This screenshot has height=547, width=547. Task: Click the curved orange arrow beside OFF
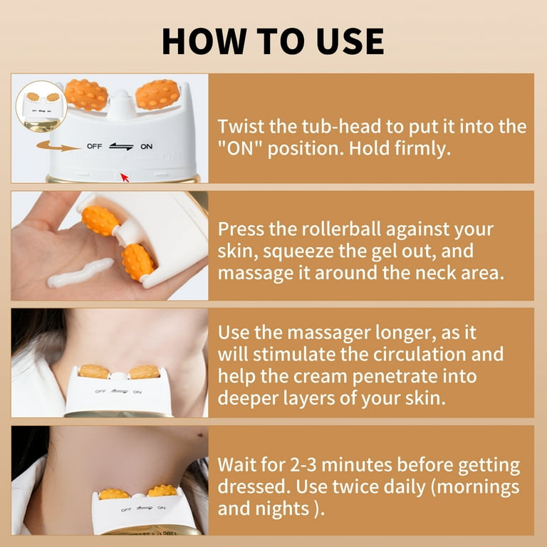(59, 147)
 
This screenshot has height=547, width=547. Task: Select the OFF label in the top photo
(95, 147)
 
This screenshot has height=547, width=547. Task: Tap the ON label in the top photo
(146, 147)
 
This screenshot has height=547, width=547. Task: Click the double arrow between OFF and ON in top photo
(121, 147)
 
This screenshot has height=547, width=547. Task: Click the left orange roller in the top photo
(86, 95)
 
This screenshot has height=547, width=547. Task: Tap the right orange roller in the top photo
(157, 94)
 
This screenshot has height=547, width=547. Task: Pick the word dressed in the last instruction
(249, 488)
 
